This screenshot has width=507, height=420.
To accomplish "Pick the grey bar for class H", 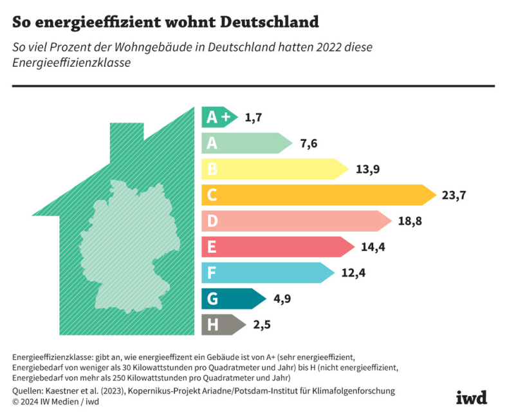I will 222,324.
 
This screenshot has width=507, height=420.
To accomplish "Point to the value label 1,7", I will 253,118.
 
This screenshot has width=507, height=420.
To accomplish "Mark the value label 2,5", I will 261,325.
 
